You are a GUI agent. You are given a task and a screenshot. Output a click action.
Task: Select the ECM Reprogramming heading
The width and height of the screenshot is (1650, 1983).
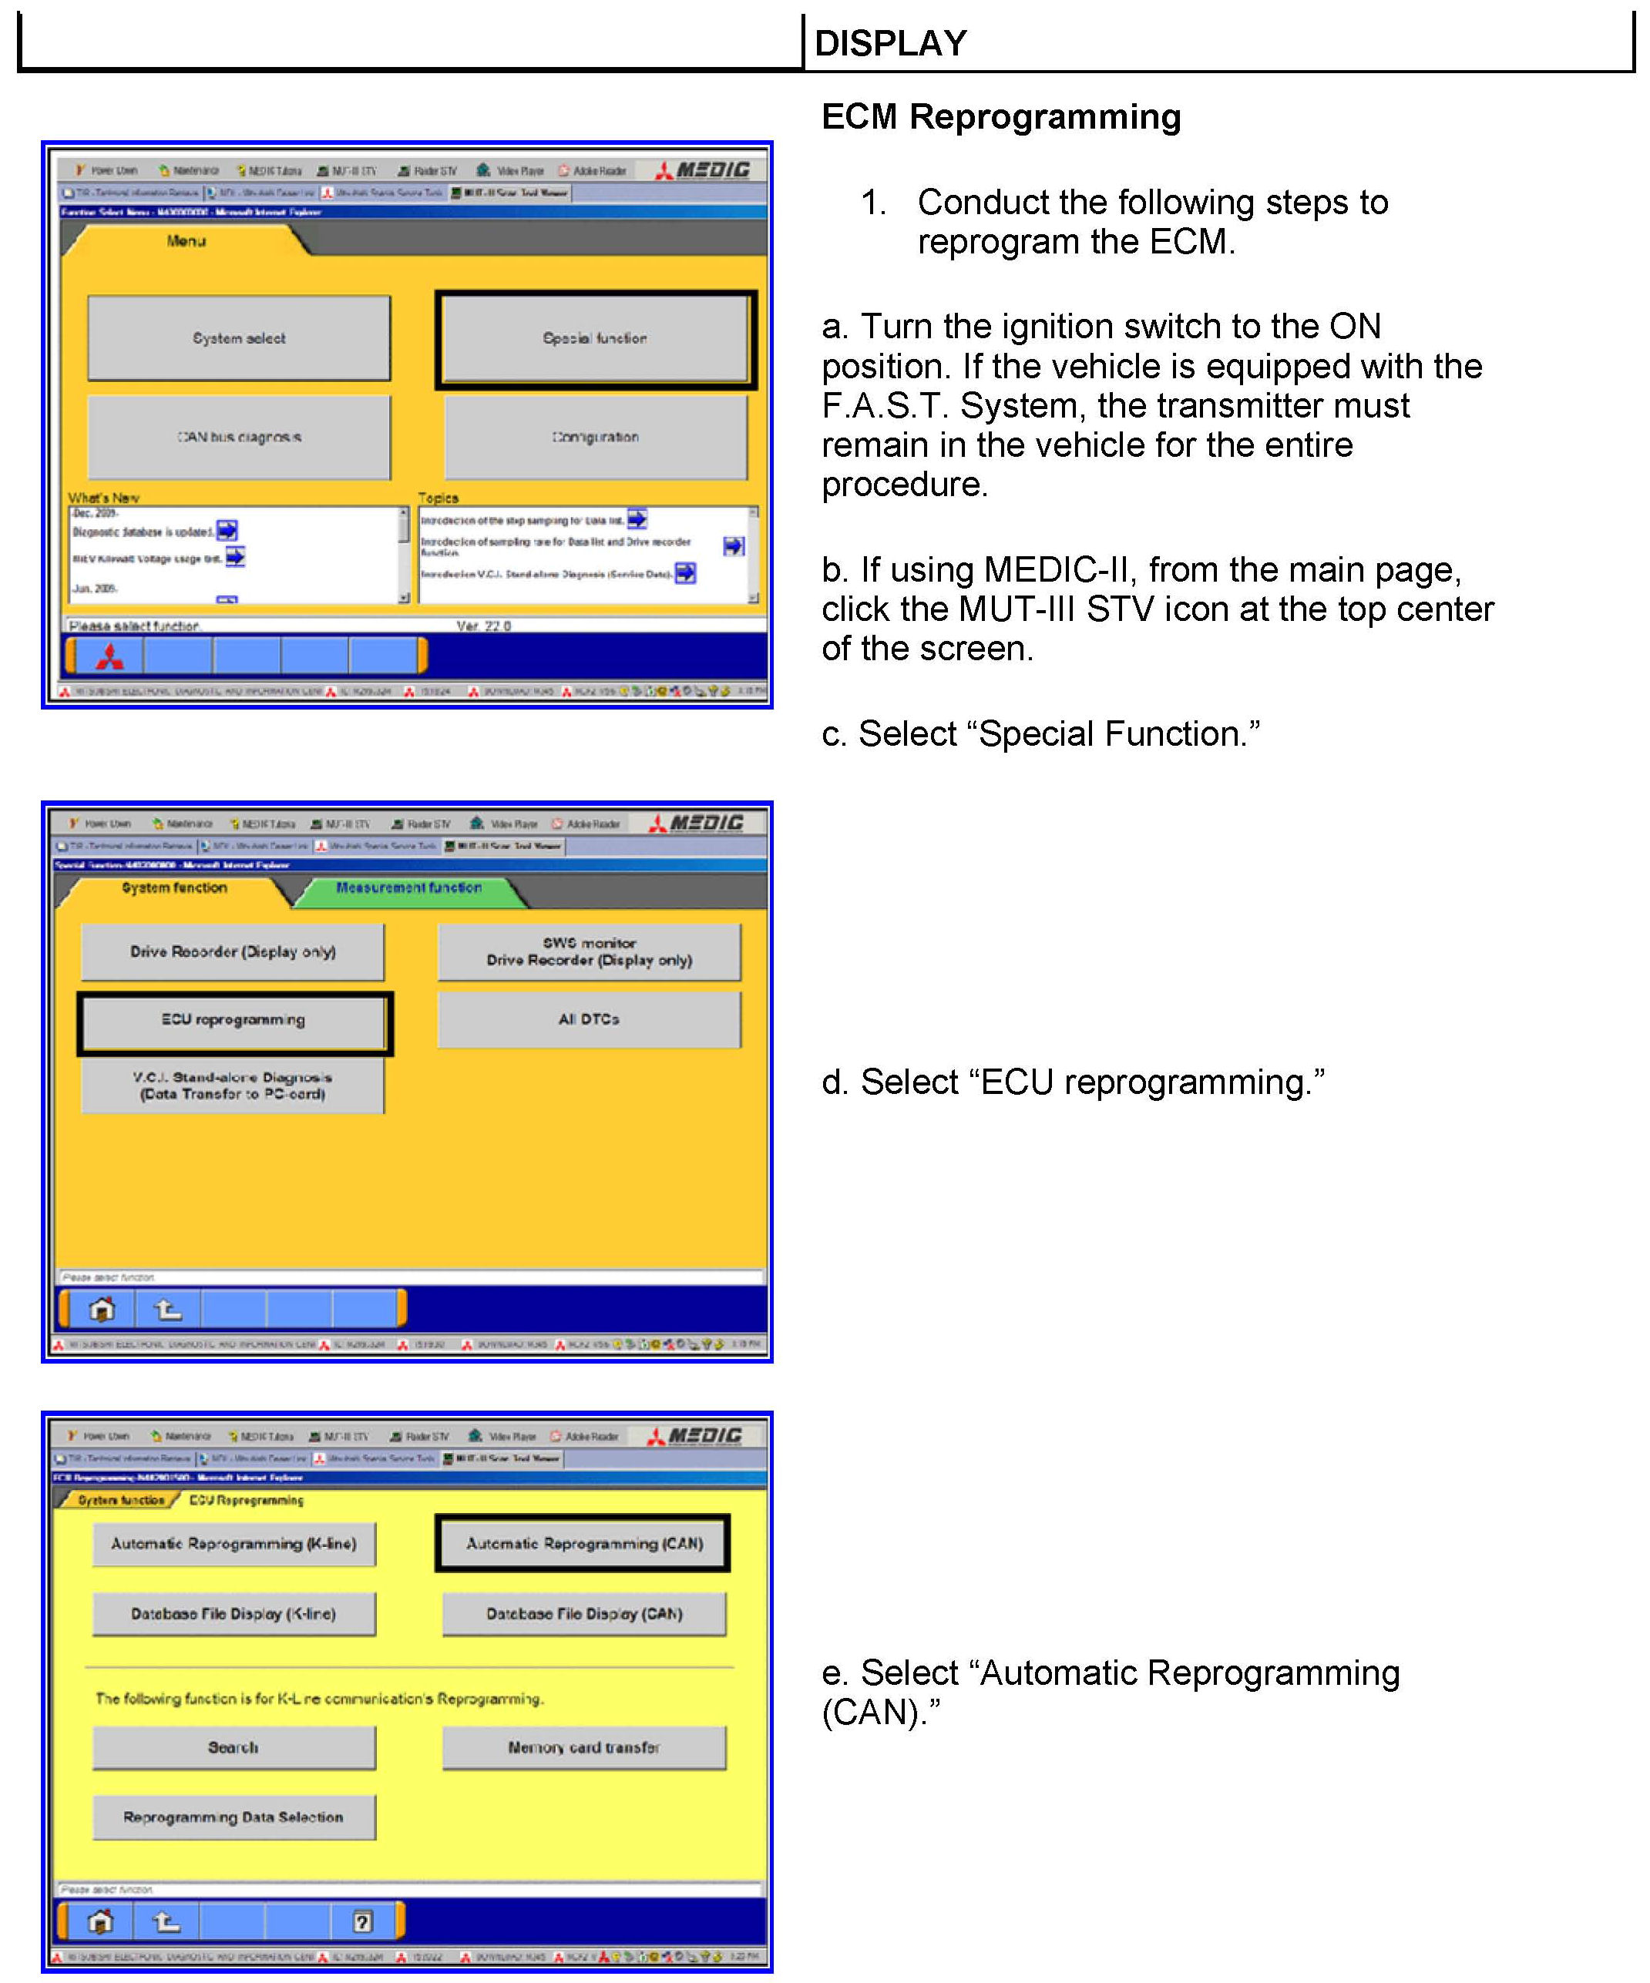1000,117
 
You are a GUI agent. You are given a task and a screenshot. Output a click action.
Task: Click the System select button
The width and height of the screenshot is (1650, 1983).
238,338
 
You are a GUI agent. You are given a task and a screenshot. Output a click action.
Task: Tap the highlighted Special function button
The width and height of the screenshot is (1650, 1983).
595,339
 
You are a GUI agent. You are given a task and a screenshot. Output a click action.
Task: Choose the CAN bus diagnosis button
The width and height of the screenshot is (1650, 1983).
238,438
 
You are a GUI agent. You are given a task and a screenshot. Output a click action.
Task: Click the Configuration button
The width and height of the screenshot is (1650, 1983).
595,438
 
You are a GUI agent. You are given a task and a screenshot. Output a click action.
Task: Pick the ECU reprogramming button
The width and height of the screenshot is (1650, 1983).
234,1021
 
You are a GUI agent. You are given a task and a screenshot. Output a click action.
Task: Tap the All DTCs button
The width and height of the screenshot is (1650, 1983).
589,1020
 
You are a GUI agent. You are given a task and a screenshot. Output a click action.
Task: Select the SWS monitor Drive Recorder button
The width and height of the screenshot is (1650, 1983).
589,952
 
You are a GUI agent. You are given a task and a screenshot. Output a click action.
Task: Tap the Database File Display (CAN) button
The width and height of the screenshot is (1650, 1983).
583,1615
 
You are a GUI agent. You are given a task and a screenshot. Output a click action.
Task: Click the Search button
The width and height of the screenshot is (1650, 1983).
234,1748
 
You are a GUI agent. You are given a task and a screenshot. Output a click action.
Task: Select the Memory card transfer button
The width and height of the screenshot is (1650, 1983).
583,1748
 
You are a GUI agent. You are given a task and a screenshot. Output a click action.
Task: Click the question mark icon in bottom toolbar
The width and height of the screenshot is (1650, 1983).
361,1921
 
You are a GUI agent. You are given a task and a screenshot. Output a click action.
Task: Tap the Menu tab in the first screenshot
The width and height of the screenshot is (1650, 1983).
186,242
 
